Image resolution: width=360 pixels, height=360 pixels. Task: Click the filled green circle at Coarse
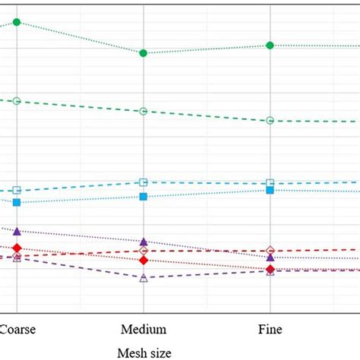17,22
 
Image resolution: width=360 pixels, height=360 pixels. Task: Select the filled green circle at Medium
144,53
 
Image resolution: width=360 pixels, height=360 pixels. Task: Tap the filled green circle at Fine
270,46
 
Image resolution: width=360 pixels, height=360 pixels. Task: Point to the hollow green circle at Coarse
17,101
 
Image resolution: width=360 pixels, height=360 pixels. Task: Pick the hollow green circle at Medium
144,112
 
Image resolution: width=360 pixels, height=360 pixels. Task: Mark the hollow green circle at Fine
270,121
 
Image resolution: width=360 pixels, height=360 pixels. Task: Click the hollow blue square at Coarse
17,191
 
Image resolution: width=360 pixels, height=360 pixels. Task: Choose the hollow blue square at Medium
144,182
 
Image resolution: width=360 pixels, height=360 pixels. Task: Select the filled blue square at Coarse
17,203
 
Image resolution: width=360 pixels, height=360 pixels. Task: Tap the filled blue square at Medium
144,197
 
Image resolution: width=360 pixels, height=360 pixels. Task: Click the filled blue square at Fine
270,190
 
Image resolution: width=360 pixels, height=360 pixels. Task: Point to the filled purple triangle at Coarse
17,231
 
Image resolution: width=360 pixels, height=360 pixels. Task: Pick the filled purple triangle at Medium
144,242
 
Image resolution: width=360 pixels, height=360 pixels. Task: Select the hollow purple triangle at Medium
144,278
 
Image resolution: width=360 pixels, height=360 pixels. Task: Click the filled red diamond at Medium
144,261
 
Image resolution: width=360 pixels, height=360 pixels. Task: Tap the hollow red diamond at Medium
144,251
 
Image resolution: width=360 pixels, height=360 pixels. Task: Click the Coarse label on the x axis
17,330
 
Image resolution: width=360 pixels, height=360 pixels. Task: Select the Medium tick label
144,330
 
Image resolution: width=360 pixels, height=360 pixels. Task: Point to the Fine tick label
270,330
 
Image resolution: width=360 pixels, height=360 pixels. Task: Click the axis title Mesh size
144,352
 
